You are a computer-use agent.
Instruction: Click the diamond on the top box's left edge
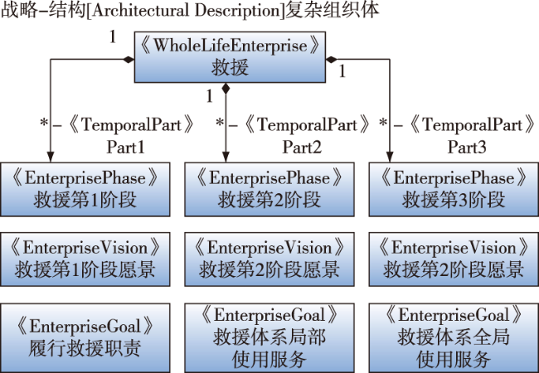[130, 59]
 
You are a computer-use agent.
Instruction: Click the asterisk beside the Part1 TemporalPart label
[44, 124]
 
